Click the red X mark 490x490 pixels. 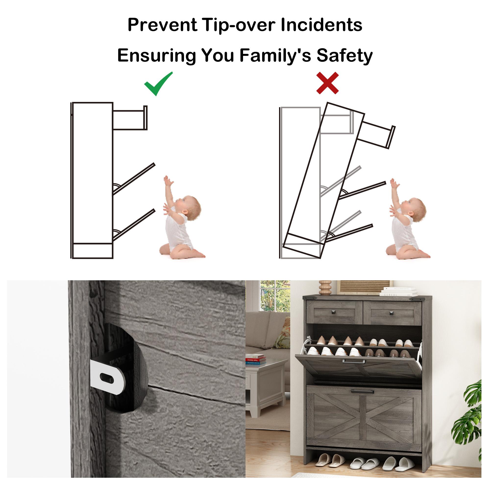tap(327, 83)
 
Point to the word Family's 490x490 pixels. tap(275, 56)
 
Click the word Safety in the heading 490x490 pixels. tap(344, 56)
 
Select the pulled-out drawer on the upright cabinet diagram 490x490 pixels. tap(130, 118)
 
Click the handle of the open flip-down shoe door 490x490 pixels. tap(354, 361)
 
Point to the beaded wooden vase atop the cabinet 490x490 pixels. tap(325, 288)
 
